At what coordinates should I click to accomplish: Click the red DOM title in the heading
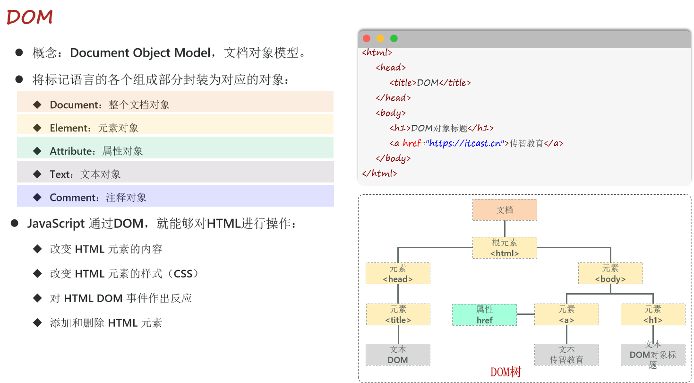(x=29, y=17)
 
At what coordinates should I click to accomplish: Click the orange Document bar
(x=175, y=102)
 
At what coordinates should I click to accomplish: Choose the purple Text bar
(x=175, y=172)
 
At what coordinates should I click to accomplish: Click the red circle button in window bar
(x=366, y=39)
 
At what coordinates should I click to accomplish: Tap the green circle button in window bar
(x=394, y=39)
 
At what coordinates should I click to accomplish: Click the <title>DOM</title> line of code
(x=430, y=83)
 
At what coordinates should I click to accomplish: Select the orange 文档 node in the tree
(x=505, y=210)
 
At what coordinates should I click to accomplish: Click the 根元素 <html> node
(x=505, y=248)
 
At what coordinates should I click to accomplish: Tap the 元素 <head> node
(x=398, y=274)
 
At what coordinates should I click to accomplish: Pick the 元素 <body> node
(x=610, y=274)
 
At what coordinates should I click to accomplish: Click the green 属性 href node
(x=484, y=315)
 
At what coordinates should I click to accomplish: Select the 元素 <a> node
(x=566, y=314)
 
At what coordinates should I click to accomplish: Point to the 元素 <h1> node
(x=653, y=314)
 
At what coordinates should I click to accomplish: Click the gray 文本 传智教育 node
(x=566, y=355)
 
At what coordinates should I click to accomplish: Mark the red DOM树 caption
(x=506, y=373)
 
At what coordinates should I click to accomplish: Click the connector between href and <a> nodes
(x=525, y=314)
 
